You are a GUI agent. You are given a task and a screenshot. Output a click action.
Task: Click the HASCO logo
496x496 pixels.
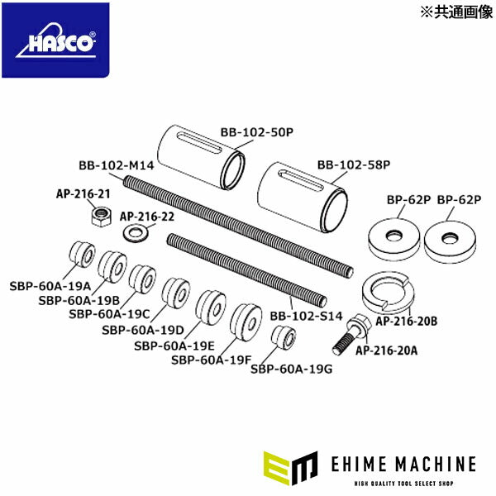tap(55, 41)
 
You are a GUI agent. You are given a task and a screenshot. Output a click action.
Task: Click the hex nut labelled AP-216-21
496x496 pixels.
tap(100, 217)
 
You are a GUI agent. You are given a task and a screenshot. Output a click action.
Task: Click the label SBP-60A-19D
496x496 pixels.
tap(138, 330)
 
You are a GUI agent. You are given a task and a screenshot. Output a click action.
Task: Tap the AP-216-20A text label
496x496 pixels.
tap(386, 350)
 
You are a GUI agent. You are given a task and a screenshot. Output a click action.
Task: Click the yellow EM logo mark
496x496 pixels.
tap(289, 468)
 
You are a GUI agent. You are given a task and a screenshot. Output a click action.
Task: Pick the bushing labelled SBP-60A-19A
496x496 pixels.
tap(79, 252)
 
